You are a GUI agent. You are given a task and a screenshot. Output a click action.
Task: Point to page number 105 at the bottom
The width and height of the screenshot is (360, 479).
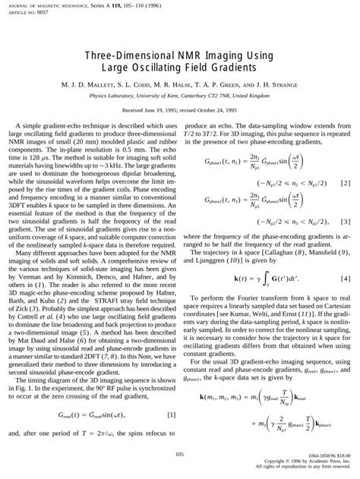coord(179,455)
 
